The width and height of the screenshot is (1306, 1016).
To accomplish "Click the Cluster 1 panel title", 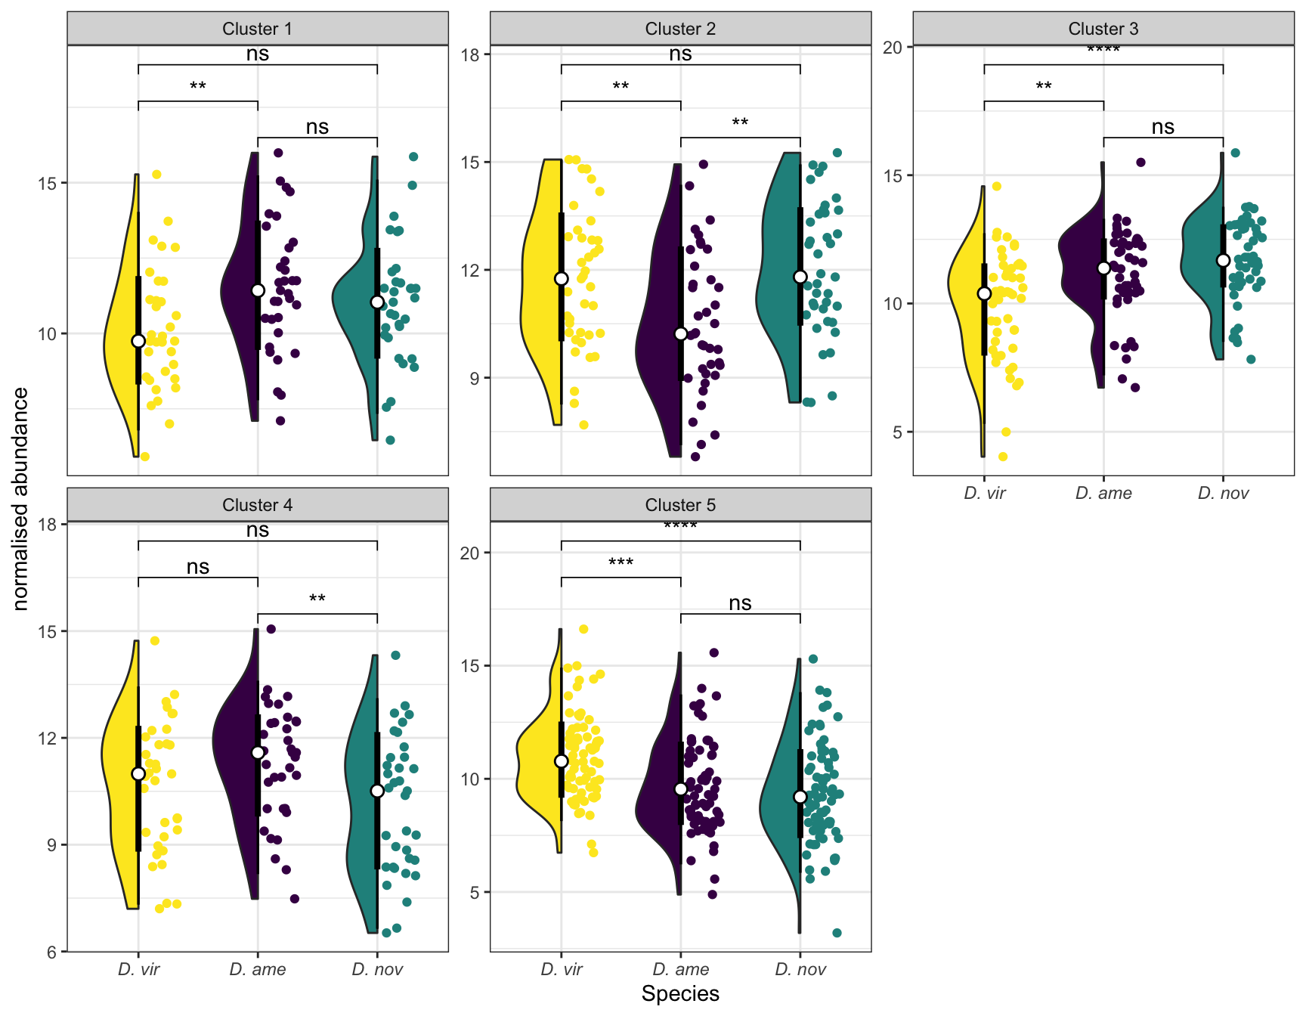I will point(257,29).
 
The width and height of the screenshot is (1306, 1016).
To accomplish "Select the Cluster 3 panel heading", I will point(1103,29).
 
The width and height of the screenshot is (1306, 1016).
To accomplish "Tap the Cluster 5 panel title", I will point(680,505).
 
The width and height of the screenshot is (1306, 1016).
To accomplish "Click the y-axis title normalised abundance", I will point(21,499).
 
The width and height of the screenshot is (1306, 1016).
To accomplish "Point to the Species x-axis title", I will point(680,993).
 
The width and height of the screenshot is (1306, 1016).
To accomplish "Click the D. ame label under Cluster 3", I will point(1103,494).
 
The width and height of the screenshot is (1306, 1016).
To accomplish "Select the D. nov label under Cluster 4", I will point(377,970).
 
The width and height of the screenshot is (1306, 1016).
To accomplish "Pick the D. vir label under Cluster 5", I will point(562,970).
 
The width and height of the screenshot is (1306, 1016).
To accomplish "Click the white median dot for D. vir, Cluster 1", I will point(138,341).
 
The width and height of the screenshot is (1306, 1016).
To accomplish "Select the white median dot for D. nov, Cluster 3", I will point(1223,260).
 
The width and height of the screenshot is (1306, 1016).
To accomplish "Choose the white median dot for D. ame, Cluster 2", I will point(681,334).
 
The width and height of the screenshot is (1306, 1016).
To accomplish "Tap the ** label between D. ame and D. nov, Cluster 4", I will point(317,599).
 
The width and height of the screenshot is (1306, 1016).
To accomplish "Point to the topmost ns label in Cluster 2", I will point(680,54).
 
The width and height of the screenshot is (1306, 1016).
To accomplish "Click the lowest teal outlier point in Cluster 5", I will point(837,933).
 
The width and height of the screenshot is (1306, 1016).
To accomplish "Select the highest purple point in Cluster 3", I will point(1140,163).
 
